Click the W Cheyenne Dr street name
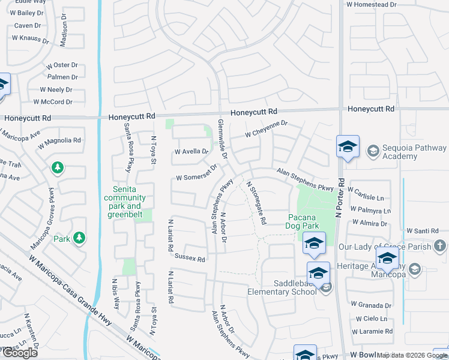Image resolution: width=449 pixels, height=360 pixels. click(267, 128)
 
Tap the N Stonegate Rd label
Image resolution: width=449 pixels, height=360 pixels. click(256, 203)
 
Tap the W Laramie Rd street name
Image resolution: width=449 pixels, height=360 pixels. click(372, 331)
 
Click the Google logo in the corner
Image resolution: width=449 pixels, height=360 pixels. click(20, 353)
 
